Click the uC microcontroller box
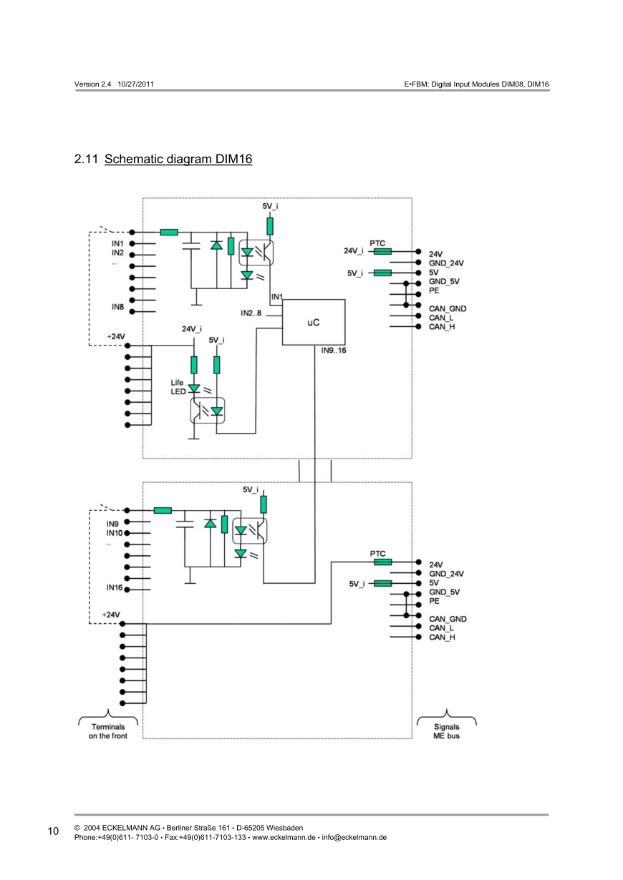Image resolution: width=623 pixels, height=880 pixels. point(314,323)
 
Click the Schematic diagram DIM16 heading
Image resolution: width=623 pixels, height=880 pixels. point(178,159)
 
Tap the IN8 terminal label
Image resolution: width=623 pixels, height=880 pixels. point(118,307)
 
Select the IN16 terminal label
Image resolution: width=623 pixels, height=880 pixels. point(115,587)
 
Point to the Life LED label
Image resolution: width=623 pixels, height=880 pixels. point(178,387)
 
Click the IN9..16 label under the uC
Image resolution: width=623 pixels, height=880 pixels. point(334,351)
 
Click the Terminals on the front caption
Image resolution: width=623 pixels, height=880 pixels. point(108,731)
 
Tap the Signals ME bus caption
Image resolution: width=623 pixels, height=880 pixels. point(447,731)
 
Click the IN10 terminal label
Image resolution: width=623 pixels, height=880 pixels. point(115,533)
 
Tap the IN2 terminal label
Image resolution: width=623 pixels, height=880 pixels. point(118,253)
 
